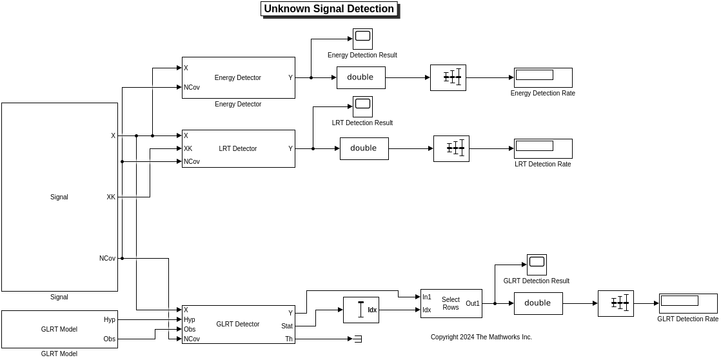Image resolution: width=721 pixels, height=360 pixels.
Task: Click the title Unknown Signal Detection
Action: (329, 9)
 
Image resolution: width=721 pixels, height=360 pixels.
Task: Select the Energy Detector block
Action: (238, 78)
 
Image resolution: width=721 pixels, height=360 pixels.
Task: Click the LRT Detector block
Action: (238, 149)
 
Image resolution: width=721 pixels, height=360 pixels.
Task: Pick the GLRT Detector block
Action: (238, 325)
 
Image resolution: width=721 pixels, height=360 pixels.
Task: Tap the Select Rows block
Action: (451, 304)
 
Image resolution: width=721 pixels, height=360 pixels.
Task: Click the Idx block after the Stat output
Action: (361, 310)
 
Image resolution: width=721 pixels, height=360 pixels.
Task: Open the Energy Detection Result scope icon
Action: (362, 39)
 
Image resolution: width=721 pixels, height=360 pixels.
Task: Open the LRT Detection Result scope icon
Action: (362, 106)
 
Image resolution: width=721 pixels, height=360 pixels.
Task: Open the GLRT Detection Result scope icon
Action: (537, 265)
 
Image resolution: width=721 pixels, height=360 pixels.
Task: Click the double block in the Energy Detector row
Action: (360, 78)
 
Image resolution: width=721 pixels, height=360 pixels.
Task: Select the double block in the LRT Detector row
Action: (364, 149)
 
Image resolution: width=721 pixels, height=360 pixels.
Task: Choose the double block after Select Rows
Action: (538, 304)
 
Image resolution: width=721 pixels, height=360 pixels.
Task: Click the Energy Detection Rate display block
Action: (543, 78)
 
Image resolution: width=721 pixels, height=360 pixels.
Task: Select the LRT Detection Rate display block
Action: (543, 149)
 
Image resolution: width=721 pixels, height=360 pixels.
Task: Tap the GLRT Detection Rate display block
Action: (688, 304)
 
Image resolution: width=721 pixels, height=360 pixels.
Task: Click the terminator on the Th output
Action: (357, 339)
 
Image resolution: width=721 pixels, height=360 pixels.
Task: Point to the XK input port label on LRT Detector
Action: (188, 149)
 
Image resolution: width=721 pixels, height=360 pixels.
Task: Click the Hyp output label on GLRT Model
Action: (109, 319)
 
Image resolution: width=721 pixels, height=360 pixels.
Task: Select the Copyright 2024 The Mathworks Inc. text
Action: (481, 337)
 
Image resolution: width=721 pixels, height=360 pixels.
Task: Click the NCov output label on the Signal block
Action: (107, 259)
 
